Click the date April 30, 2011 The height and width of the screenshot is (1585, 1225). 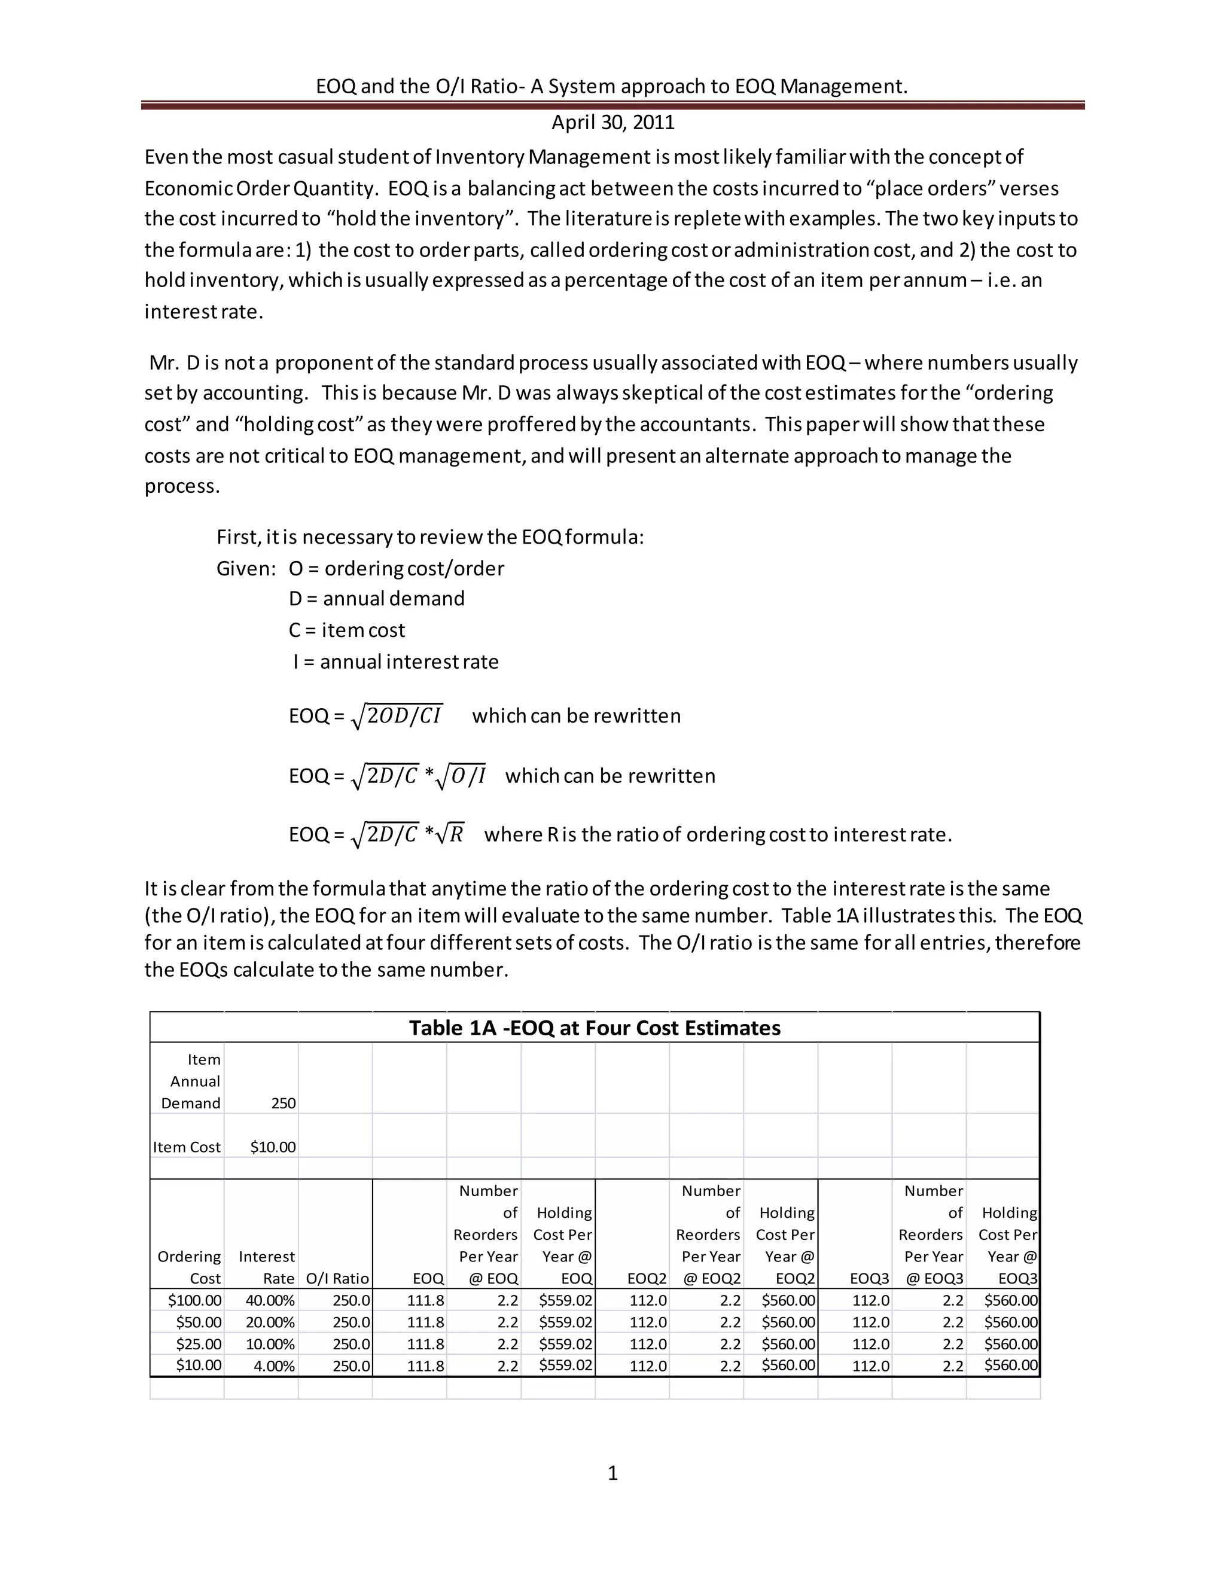point(612,122)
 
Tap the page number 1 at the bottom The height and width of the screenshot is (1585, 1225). point(612,1473)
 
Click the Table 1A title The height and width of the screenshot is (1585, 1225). point(595,1028)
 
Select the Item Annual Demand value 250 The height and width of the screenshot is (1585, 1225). point(283,1103)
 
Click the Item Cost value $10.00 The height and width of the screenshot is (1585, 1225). point(273,1147)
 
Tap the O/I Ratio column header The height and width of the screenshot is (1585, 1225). point(337,1279)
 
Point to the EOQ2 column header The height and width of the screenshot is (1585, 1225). point(647,1279)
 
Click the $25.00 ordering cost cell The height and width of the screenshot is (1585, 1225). point(198,1344)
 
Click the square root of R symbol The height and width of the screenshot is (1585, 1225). point(453,834)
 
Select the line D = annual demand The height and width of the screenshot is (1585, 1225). point(377,599)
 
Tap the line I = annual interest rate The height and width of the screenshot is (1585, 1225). point(395,662)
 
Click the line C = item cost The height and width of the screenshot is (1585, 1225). point(347,630)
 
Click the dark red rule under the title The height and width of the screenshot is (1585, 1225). point(612,105)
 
